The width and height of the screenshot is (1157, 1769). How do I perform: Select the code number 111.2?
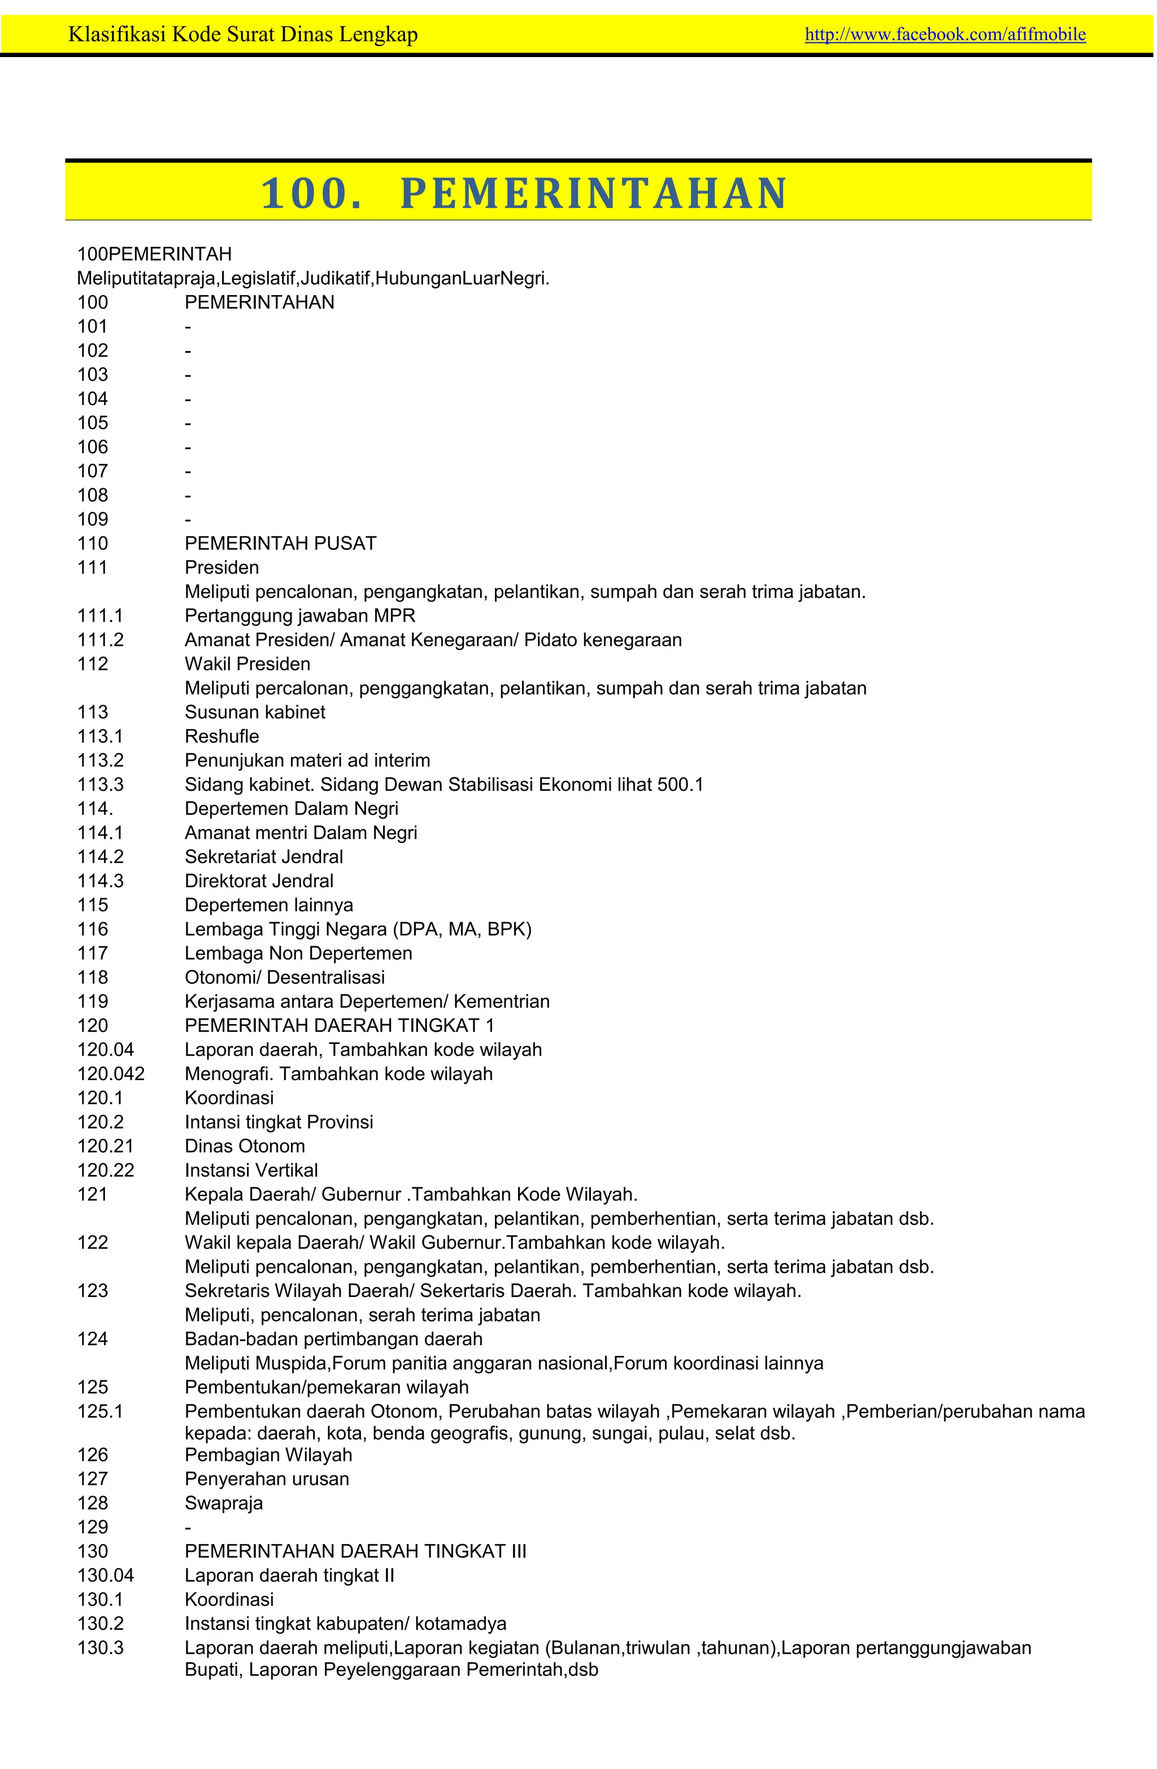tap(101, 640)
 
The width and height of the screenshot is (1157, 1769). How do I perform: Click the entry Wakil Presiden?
tap(247, 664)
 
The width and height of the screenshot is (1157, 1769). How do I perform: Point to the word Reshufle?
tap(221, 736)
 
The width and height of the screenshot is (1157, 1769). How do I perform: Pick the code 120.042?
tap(111, 1073)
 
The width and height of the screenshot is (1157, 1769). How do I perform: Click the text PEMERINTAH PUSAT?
tap(280, 543)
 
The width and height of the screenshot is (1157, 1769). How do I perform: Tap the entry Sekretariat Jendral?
tap(264, 856)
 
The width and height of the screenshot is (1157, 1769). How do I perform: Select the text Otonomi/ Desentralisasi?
tap(285, 977)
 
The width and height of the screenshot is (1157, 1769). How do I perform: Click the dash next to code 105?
tap(188, 423)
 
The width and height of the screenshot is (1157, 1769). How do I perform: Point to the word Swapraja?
tap(224, 1503)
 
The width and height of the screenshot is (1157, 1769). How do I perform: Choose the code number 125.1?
tap(101, 1411)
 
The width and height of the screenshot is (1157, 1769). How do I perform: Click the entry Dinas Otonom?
tap(245, 1146)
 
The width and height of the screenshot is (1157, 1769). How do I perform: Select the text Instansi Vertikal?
tap(251, 1170)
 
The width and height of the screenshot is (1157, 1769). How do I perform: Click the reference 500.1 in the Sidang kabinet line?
tap(680, 784)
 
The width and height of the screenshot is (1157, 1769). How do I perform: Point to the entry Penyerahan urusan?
tap(267, 1478)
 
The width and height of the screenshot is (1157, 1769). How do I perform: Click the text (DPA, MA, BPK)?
tap(478, 929)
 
